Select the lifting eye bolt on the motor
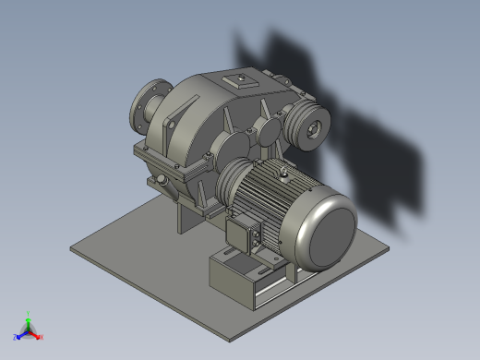pos(285,170)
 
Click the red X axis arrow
pos(39,337)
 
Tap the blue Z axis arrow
pos(18,337)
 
